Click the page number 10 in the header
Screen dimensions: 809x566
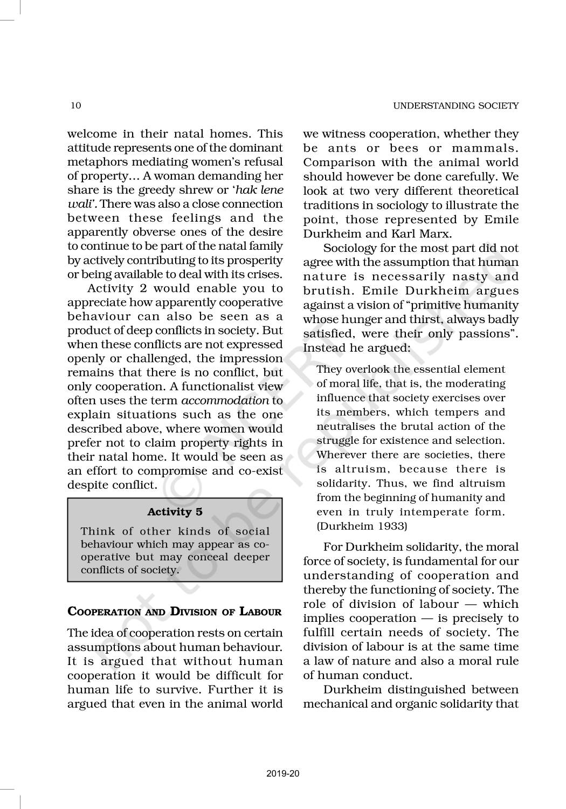pos(76,105)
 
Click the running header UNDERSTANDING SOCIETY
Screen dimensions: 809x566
pos(455,106)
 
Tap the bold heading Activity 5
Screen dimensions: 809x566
pos(175,512)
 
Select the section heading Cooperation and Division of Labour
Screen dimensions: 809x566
pos(175,612)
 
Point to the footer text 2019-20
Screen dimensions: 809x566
pos(283,774)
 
